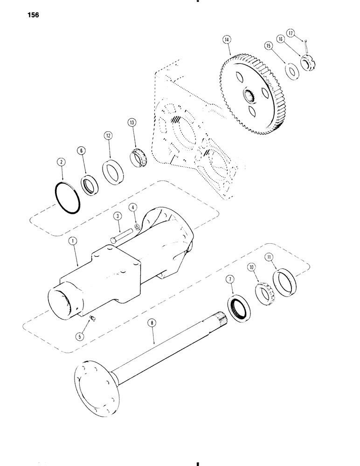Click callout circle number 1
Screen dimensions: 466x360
72,241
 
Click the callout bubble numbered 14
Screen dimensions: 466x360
226,41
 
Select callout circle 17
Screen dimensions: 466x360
290,33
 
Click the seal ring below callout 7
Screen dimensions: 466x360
241,309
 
